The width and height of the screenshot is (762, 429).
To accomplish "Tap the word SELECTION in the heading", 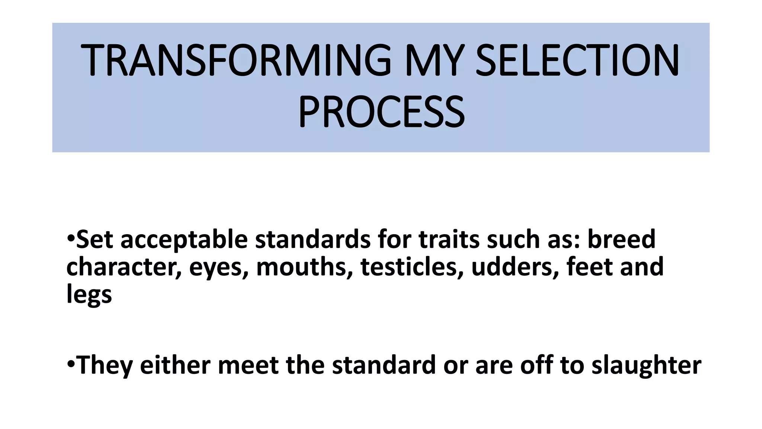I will [577, 60].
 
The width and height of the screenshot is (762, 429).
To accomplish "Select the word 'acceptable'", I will [184, 239].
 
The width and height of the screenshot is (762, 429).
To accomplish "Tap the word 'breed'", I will [621, 239].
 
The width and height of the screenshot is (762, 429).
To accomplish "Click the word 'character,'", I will [124, 267].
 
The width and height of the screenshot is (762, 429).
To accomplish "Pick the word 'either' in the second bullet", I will [175, 365].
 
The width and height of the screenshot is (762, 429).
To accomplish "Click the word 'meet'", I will [248, 365].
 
